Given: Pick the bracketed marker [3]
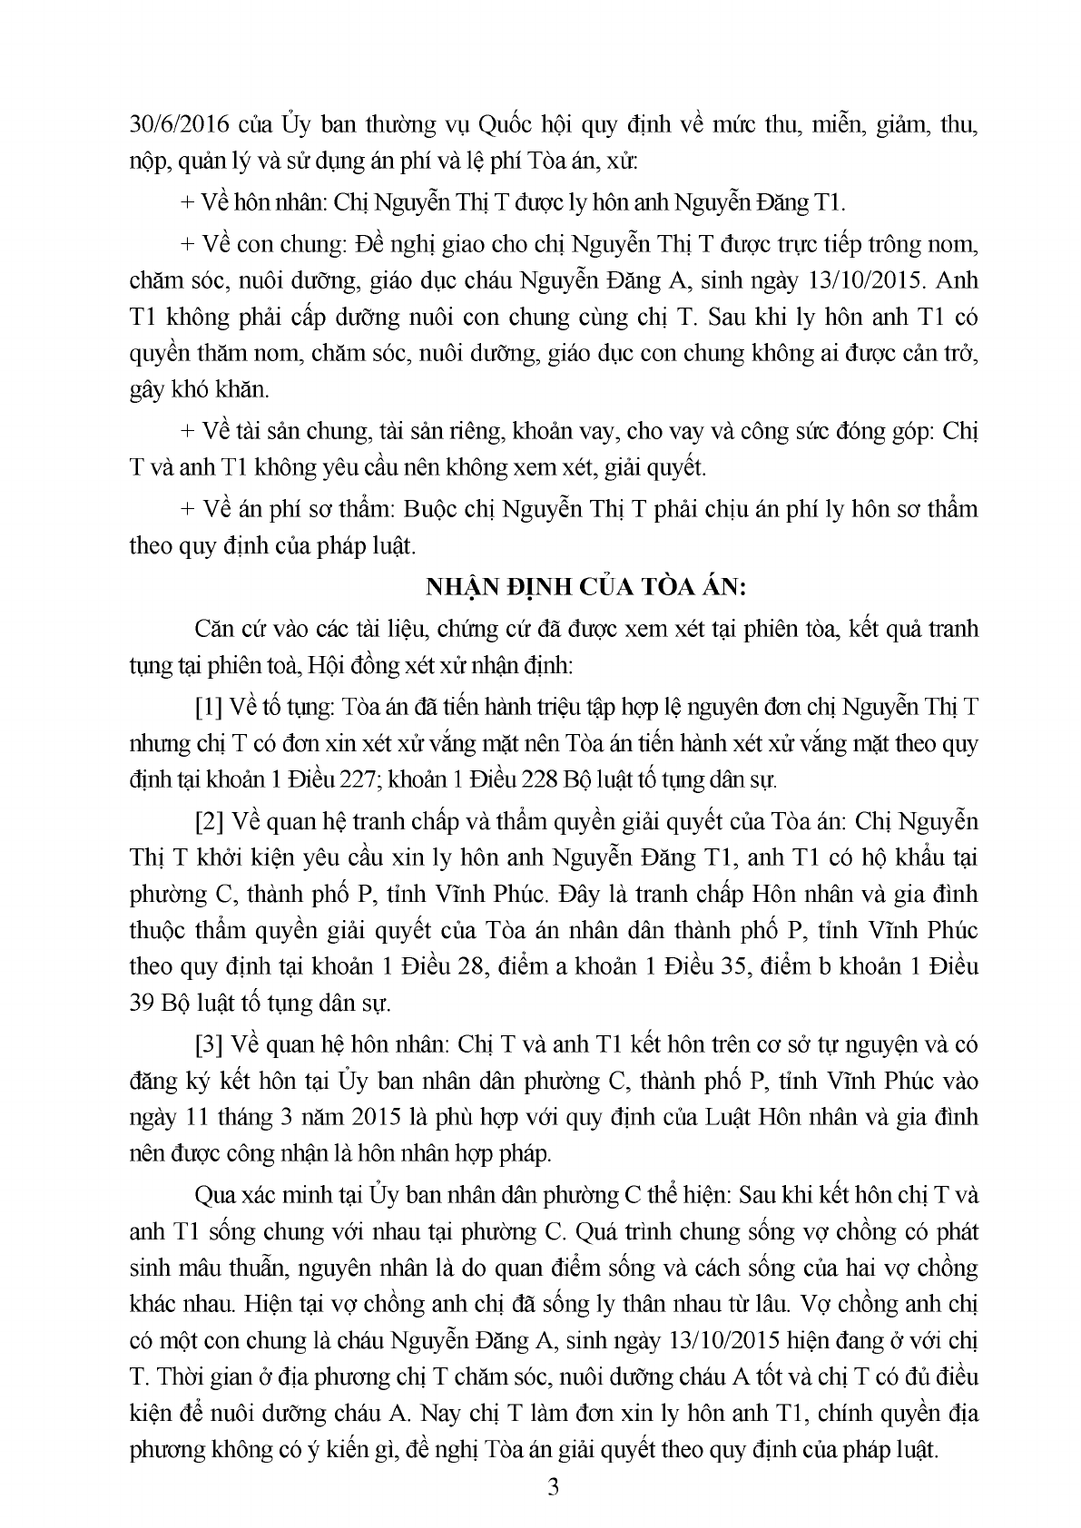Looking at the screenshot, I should pyautogui.click(x=210, y=1044).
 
